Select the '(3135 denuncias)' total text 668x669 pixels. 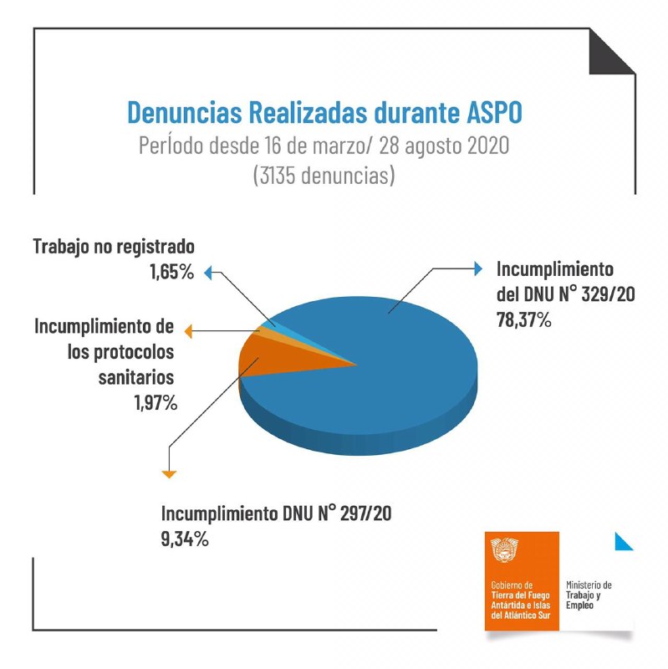333,176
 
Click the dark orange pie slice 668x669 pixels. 272,364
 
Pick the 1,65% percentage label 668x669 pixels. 170,273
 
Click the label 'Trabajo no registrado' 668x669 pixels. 114,248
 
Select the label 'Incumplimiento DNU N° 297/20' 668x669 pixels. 276,513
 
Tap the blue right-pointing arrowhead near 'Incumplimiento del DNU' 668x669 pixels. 478,269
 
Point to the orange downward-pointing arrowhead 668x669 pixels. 169,474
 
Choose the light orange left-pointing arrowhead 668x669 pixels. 189,331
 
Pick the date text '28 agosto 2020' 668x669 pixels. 444,146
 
